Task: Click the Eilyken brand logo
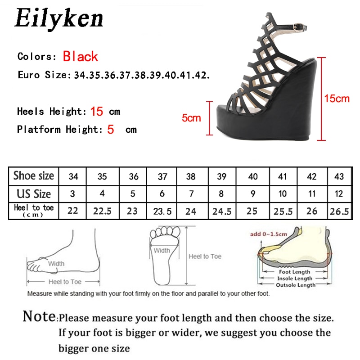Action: click(x=59, y=19)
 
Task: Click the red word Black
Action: click(x=81, y=57)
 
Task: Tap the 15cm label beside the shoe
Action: click(x=337, y=99)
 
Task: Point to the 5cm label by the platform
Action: click(x=191, y=118)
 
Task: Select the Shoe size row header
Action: click(x=34, y=175)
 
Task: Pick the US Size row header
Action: click(x=34, y=194)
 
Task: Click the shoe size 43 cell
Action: click(x=339, y=176)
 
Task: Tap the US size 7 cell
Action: click(x=191, y=194)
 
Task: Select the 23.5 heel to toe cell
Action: click(x=162, y=211)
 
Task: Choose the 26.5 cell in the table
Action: click(x=339, y=211)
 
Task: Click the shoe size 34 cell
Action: click(x=73, y=176)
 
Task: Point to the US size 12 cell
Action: click(x=339, y=194)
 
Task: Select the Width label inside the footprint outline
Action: click(x=162, y=251)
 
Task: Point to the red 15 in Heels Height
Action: click(x=97, y=111)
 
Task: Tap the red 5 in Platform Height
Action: click(x=111, y=130)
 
